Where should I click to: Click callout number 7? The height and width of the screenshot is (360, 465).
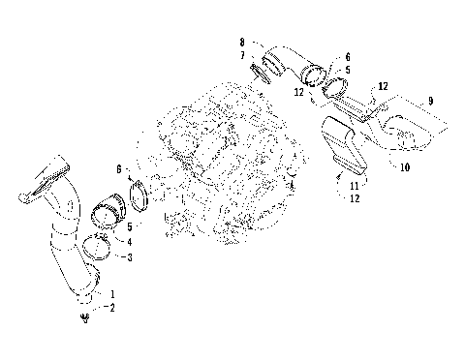pyautogui.click(x=241, y=56)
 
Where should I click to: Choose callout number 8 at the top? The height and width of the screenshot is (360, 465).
pyautogui.click(x=241, y=45)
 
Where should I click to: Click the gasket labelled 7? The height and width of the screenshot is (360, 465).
pyautogui.click(x=258, y=69)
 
